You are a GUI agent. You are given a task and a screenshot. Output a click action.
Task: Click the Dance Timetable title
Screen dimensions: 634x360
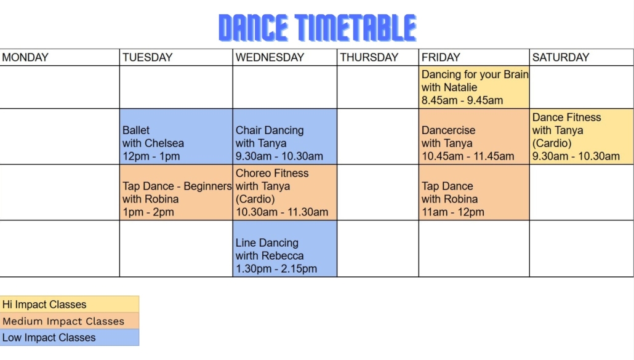point(318,28)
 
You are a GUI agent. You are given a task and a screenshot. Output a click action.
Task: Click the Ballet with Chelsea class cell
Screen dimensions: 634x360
point(176,137)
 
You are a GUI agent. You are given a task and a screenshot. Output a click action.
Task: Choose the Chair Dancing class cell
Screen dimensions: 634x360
point(284,137)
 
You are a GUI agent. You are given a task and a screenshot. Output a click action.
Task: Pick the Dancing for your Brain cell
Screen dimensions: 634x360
point(474,87)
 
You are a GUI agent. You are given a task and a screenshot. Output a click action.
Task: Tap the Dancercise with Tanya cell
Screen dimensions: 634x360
point(474,137)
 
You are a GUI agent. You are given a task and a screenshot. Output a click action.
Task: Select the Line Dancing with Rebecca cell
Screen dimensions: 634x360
point(284,249)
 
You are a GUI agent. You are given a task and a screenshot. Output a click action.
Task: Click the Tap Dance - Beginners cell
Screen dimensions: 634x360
point(176,193)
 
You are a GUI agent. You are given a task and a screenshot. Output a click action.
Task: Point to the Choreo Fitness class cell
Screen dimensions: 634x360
point(284,193)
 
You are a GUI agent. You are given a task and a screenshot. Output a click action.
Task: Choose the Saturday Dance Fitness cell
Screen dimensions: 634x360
point(582,137)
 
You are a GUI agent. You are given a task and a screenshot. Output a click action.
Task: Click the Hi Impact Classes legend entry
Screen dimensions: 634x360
point(70,304)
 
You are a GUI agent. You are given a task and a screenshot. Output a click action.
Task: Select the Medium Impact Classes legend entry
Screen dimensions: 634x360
point(70,321)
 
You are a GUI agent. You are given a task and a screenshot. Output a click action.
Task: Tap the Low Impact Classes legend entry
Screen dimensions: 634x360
point(70,337)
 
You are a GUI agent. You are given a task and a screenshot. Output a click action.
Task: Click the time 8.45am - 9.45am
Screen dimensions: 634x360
point(462,100)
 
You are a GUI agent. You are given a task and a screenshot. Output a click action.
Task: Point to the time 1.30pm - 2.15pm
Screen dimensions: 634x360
point(276,269)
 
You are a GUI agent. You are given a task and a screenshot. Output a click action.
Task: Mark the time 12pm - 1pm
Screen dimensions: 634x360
point(151,156)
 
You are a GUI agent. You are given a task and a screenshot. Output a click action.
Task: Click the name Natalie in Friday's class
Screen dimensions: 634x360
point(460,87)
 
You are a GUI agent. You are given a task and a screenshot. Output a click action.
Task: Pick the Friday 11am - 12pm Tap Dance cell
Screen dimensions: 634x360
point(474,193)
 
